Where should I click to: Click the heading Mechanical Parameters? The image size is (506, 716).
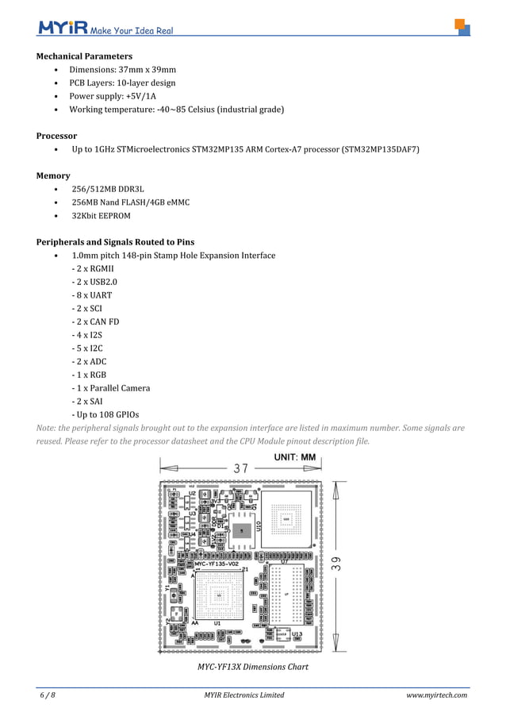tap(84, 56)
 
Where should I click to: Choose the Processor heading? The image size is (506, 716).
tap(56, 136)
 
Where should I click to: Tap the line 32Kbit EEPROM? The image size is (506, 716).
tap(101, 215)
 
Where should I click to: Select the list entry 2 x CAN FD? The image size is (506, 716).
tap(93, 321)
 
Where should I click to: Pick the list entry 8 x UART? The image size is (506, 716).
tap(91, 294)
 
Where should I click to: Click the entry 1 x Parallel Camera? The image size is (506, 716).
tap(110, 387)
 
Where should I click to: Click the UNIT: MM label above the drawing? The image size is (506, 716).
tap(295, 457)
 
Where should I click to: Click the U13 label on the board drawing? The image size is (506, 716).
tap(296, 634)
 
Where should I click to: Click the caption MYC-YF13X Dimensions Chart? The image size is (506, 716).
tap(252, 667)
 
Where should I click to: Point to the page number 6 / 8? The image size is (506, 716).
tap(48, 695)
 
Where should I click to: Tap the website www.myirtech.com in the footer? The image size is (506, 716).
tap(436, 695)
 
